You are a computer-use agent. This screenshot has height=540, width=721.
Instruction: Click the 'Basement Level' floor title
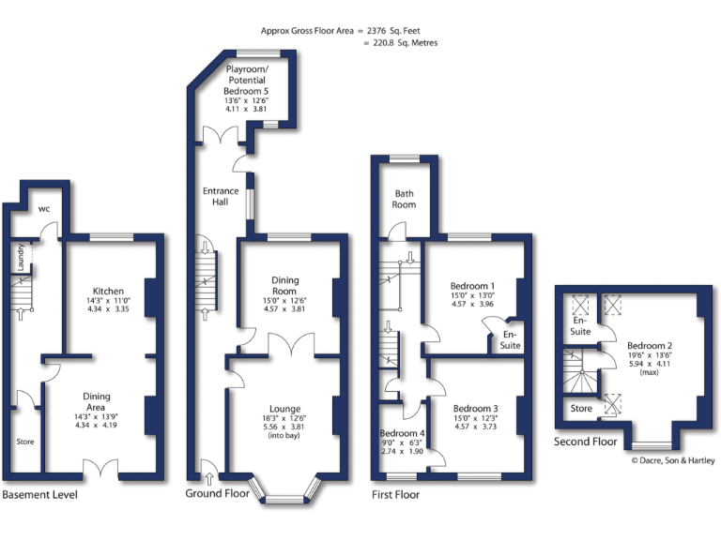point(39,494)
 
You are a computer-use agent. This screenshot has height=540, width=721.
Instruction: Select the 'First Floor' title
point(396,494)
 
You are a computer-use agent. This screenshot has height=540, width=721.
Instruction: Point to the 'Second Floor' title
point(585,441)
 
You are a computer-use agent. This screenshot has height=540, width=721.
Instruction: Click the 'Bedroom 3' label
point(475,409)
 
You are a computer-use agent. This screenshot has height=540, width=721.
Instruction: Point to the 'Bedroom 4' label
point(403,433)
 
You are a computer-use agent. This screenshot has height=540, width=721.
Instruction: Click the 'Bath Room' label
point(405,198)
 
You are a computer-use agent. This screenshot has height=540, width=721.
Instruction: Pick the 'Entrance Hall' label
point(221,197)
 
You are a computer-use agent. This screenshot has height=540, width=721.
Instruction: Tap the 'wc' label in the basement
point(43,209)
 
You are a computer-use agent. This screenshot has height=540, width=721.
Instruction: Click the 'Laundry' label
point(21,259)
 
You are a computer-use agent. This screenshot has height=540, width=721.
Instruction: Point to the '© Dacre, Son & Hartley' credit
point(672,460)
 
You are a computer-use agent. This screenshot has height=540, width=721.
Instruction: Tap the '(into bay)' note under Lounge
point(283,436)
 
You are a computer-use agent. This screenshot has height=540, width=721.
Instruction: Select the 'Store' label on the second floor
point(581,408)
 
